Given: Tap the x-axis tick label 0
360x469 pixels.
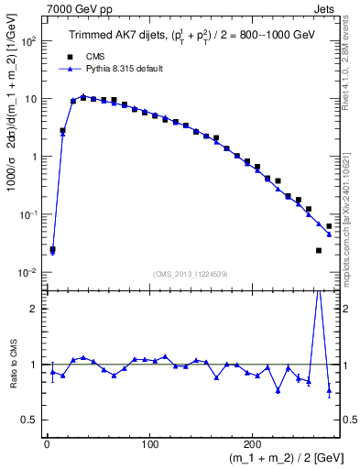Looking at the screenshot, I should click(x=47, y=445).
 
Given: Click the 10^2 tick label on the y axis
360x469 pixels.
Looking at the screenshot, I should click(x=28, y=42).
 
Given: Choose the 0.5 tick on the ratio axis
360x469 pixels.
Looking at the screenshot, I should click(x=30, y=420).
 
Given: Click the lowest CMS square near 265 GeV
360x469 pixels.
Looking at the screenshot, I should click(x=319, y=250).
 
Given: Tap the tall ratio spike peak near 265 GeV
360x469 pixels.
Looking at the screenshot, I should click(x=319, y=291).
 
